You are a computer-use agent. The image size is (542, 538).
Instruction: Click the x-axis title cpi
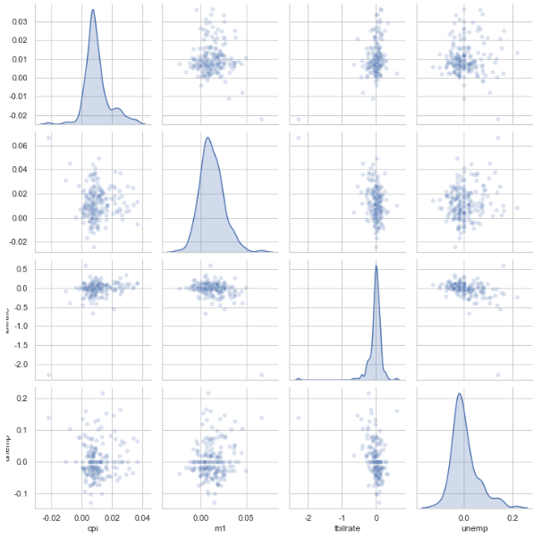[93, 529]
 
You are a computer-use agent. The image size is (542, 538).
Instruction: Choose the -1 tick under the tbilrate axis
[343, 516]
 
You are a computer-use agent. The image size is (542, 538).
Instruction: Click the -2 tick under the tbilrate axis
[309, 516]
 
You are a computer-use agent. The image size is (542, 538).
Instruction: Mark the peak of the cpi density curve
[93, 11]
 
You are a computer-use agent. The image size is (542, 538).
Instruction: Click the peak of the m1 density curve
[207, 138]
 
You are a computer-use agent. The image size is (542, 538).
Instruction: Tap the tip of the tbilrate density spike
[376, 265]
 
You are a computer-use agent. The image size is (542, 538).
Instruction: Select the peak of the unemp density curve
[460, 393]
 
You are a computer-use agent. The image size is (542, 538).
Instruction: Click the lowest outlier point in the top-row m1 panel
[261, 119]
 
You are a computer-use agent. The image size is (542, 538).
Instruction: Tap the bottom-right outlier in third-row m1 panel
[261, 374]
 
